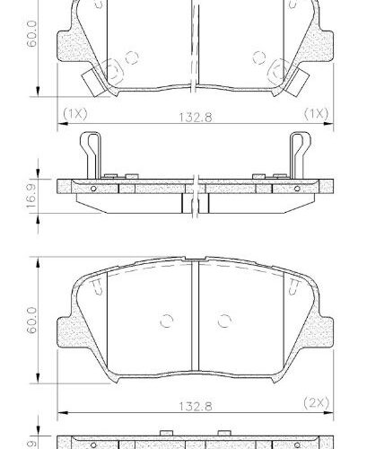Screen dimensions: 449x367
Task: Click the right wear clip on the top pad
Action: (x=296, y=75)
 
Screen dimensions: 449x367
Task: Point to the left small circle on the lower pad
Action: (x=165, y=321)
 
